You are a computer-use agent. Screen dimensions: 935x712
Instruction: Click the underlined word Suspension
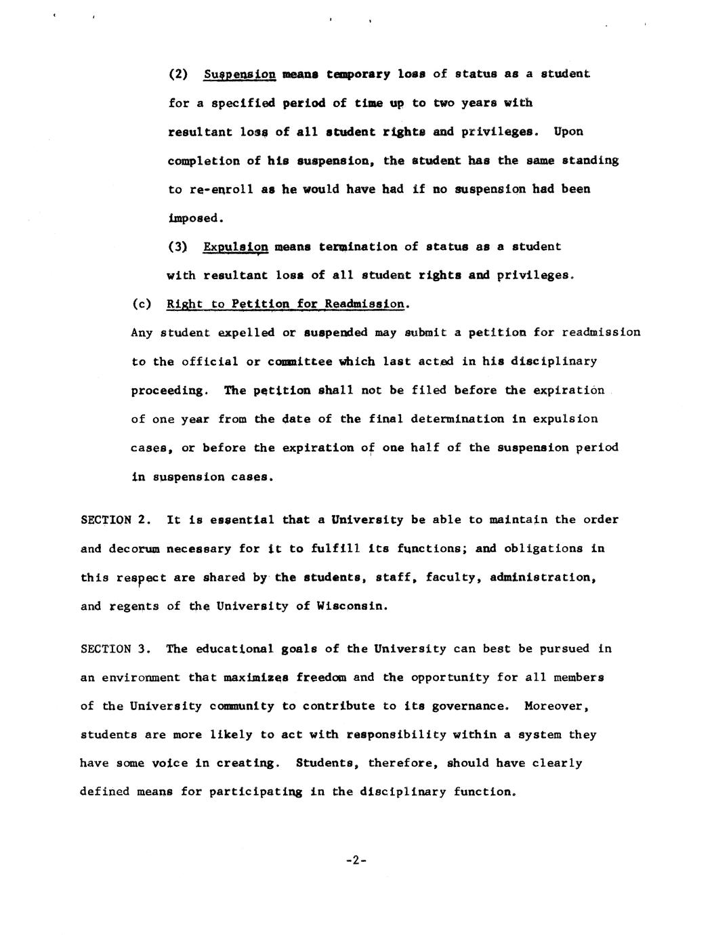(239, 74)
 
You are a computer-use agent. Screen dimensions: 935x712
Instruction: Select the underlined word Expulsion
(236, 247)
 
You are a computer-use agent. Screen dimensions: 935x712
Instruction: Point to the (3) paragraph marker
(177, 247)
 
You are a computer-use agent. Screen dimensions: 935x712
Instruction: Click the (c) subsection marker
(142, 304)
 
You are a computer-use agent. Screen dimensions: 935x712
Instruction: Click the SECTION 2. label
(116, 520)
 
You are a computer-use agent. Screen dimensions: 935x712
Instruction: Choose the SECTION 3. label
(116, 648)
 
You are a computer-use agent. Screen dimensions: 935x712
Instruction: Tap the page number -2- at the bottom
(356, 860)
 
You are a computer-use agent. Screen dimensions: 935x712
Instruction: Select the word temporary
(358, 74)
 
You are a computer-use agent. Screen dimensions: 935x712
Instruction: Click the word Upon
(568, 131)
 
